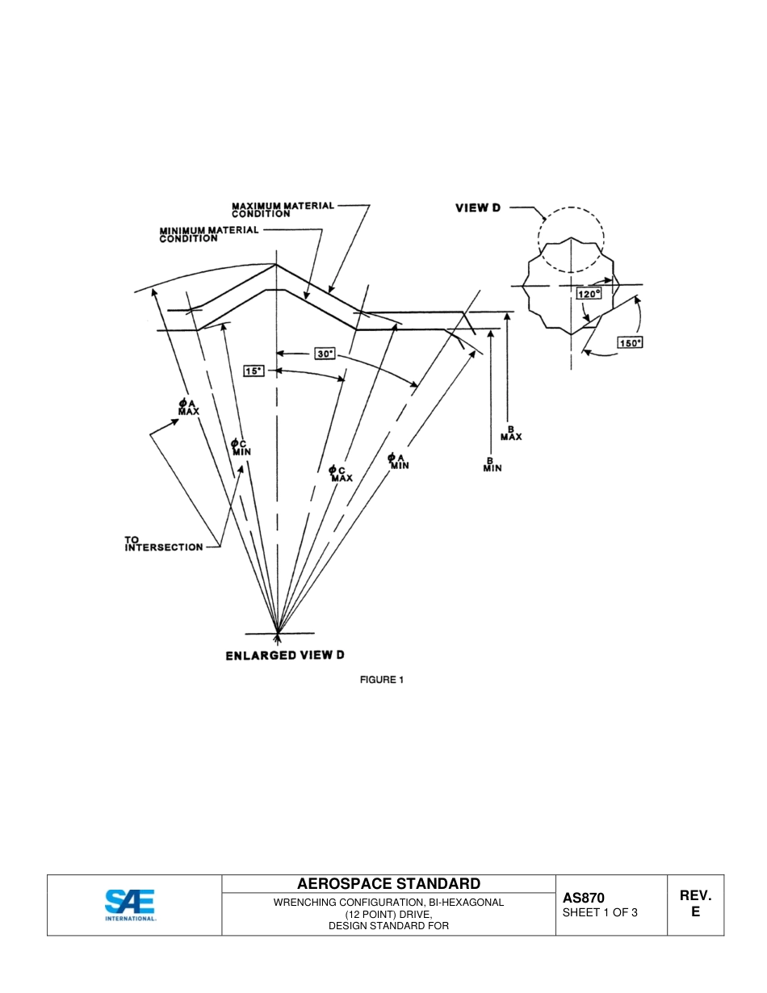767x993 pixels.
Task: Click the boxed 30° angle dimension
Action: point(325,354)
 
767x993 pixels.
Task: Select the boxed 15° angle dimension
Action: point(254,371)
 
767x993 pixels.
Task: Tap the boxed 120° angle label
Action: point(589,295)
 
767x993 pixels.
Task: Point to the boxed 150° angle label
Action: point(630,342)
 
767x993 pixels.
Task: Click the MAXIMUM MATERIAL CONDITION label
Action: point(283,210)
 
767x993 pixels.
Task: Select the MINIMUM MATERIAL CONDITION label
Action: point(209,234)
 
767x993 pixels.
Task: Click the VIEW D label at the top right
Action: point(478,207)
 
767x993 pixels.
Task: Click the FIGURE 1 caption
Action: point(381,680)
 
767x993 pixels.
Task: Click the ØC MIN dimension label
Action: point(241,447)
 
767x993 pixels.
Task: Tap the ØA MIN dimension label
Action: point(398,461)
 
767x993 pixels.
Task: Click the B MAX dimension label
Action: point(511,433)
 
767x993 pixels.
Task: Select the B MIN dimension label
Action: point(492,465)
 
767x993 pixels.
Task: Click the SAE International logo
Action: point(131,905)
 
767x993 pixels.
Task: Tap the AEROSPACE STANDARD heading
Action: point(388,883)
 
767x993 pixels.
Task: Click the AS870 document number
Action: point(583,898)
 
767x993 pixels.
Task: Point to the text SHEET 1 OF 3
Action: point(600,913)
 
